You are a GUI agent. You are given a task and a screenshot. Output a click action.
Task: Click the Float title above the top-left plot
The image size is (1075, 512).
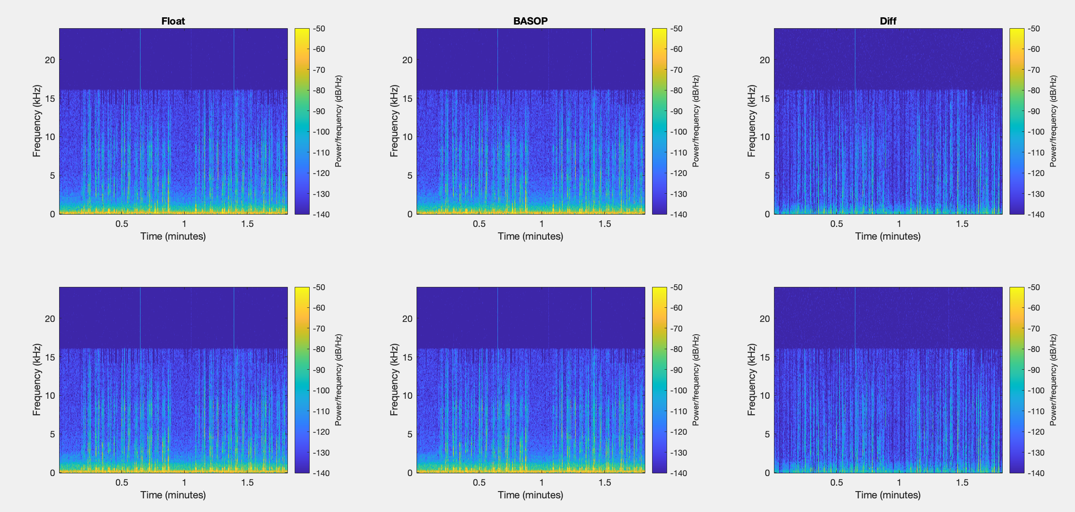(x=173, y=21)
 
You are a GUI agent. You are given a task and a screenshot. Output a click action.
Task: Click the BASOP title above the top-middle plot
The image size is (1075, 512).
(x=530, y=21)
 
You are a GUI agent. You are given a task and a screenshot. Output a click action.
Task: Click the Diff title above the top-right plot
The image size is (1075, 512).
(x=888, y=21)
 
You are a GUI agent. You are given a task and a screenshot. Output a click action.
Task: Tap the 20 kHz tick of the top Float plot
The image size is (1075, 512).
(x=50, y=60)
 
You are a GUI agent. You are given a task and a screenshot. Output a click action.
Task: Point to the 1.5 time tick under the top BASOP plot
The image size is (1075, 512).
(x=605, y=224)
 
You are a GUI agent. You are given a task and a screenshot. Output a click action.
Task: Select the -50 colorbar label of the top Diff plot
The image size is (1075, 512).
(x=1034, y=29)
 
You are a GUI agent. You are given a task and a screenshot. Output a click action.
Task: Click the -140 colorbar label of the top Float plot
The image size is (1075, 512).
(x=321, y=215)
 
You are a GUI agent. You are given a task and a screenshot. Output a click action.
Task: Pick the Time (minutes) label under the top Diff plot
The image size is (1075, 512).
(x=888, y=236)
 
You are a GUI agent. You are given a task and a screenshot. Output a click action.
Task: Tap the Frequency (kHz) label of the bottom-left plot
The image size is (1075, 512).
(x=37, y=380)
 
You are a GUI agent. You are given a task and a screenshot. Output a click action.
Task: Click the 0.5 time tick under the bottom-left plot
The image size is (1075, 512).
(x=122, y=482)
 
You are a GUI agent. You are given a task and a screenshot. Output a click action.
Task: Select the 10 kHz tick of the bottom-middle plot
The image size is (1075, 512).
(x=407, y=396)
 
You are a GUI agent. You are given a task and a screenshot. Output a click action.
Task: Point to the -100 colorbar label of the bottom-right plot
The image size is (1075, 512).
(x=1036, y=391)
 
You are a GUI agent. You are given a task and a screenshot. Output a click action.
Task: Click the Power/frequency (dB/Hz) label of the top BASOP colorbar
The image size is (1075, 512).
(x=696, y=121)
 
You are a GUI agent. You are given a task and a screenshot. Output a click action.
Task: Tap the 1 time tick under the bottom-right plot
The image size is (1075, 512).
(x=899, y=482)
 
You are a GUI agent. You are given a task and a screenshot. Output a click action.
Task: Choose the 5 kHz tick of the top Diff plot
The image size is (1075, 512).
(x=767, y=176)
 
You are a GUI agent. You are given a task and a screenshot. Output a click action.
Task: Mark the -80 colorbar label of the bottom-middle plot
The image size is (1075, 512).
(x=677, y=349)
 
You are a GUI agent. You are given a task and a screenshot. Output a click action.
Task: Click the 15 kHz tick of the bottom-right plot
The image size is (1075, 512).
(x=765, y=357)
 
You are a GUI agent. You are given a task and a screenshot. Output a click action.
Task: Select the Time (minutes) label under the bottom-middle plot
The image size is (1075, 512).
(x=530, y=495)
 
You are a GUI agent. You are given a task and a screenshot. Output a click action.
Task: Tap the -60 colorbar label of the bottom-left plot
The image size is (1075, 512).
(x=319, y=308)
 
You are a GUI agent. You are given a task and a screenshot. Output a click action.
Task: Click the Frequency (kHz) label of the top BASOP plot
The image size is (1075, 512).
(x=394, y=121)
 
